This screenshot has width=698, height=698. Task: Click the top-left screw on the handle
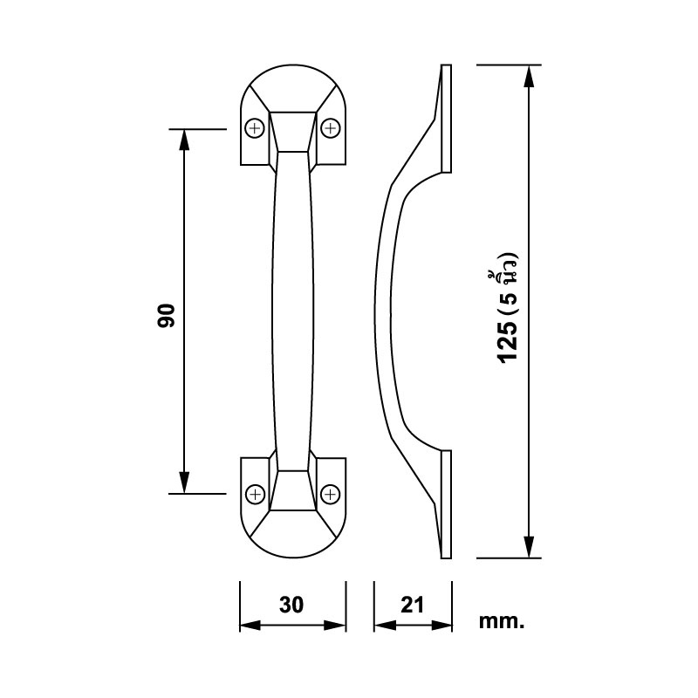(x=255, y=129)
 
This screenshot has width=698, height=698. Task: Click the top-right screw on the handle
(x=331, y=129)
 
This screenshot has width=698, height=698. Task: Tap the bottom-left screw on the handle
(x=255, y=494)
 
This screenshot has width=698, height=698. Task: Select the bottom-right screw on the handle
(x=331, y=494)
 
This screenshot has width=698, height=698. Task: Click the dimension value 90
(x=167, y=316)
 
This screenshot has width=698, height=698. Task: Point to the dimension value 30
(x=291, y=605)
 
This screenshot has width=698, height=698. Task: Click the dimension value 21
(x=412, y=605)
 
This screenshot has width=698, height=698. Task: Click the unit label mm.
(x=502, y=621)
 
